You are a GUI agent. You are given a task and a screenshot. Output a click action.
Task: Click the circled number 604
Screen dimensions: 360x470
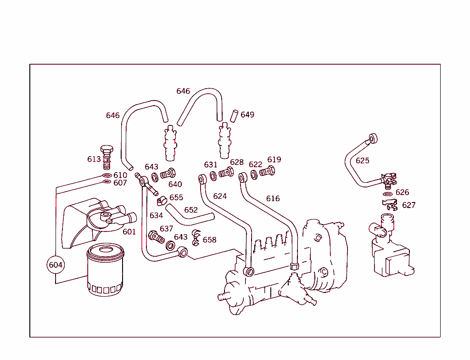(56, 265)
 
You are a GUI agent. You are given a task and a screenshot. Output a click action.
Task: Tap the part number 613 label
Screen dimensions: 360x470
(94, 159)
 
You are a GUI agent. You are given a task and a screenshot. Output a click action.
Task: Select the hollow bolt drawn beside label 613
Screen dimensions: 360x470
(106, 157)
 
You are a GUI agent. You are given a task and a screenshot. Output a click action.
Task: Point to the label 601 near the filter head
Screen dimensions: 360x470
(129, 231)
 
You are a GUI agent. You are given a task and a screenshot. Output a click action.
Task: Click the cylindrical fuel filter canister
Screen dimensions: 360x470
(105, 270)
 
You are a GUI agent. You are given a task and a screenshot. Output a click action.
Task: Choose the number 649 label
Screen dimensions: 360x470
(247, 114)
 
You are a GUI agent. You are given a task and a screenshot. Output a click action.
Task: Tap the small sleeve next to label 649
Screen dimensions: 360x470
(234, 115)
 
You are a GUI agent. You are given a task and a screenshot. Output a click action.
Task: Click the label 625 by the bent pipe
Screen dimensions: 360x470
(362, 161)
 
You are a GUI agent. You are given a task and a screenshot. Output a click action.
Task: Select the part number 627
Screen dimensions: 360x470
(408, 205)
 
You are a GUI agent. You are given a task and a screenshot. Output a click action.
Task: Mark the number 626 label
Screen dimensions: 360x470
(402, 192)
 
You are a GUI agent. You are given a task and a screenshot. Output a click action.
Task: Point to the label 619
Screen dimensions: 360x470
(274, 160)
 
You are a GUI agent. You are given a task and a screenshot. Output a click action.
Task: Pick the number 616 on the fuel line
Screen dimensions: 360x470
(273, 198)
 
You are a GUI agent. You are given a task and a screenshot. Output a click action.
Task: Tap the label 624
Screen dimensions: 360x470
(220, 196)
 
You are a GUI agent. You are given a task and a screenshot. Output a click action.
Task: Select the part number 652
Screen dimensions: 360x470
(191, 210)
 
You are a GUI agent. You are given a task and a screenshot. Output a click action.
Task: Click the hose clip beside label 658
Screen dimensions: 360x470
(196, 236)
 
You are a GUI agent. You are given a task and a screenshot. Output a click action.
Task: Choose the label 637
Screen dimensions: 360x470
(166, 229)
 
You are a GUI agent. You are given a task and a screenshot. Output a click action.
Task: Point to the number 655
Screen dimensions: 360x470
(176, 197)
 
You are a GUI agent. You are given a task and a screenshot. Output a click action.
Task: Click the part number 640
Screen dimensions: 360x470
(175, 184)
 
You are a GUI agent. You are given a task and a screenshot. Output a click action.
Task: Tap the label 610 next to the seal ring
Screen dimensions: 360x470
(120, 175)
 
